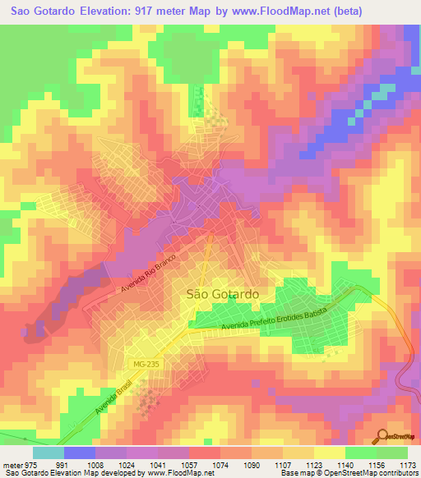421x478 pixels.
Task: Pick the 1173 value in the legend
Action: tap(408, 464)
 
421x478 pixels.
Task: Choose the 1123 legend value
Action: tap(315, 464)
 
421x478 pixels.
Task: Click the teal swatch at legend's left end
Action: tap(49, 453)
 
